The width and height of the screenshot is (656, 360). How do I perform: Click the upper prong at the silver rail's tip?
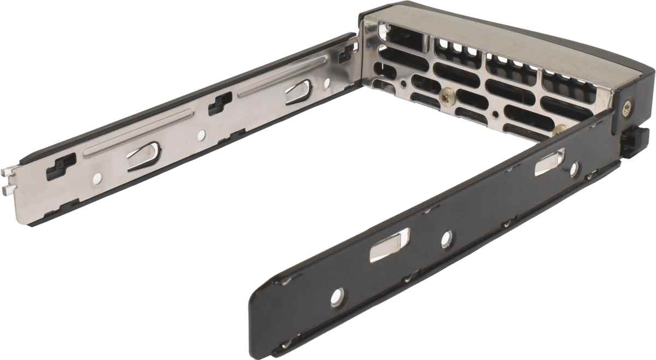pos(6,173)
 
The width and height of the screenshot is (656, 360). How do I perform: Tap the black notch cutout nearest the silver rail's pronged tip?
pos(61,166)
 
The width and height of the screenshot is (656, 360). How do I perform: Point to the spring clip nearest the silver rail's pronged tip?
pos(144,155)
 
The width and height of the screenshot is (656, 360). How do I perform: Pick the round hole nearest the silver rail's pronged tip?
pos(97,178)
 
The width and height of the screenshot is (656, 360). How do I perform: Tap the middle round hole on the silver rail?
pos(202,134)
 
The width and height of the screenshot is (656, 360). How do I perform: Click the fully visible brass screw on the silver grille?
pos(447,97)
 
